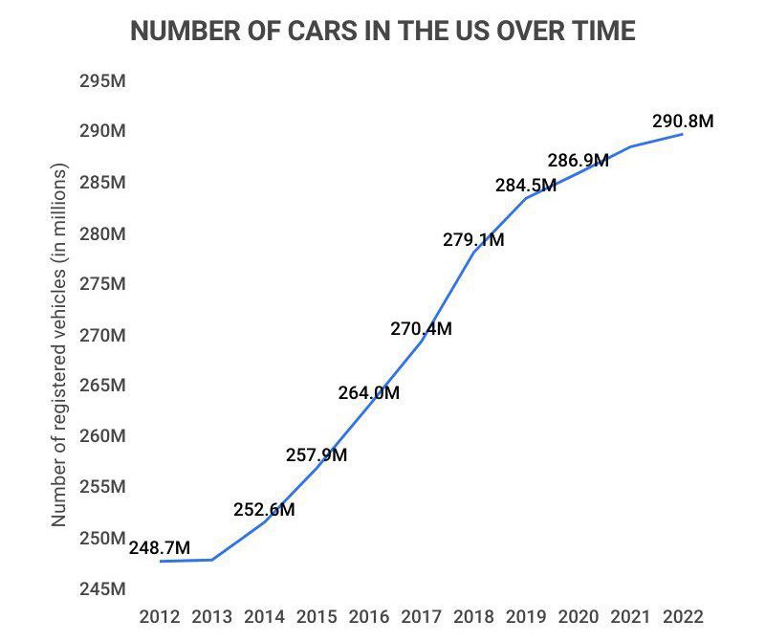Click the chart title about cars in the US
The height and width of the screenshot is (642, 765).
click(x=382, y=32)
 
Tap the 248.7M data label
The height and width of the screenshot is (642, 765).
click(x=160, y=547)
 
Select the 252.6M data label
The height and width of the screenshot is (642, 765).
click(x=264, y=509)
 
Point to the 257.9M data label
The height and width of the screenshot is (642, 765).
click(x=317, y=454)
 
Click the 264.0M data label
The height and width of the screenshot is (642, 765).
click(x=368, y=392)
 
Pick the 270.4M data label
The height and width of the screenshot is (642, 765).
click(x=421, y=329)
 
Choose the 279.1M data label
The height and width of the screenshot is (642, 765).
click(x=472, y=240)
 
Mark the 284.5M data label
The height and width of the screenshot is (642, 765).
click(x=525, y=186)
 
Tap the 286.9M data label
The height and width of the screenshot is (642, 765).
click(x=578, y=160)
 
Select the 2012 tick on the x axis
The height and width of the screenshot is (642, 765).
click(x=159, y=615)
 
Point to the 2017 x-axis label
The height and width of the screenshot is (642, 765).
click(x=421, y=615)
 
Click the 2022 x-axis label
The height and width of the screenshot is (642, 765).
click(x=683, y=615)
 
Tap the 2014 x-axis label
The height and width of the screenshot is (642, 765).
click(x=264, y=615)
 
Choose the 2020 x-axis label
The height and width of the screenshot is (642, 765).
click(x=578, y=615)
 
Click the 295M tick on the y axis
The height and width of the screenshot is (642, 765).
click(x=102, y=80)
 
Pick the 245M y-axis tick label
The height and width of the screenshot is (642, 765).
click(x=102, y=587)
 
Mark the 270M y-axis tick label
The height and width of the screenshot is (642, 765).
click(x=102, y=335)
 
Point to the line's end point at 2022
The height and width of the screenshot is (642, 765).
click(x=682, y=134)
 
